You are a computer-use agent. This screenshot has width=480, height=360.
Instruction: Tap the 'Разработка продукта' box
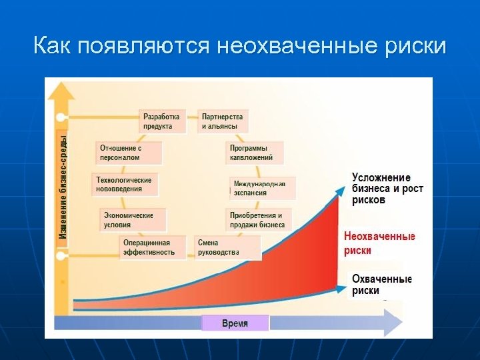tap(162, 121)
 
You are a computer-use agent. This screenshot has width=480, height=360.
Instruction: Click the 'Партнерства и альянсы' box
tap(223, 121)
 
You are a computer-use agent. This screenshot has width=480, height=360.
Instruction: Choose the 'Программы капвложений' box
tap(254, 153)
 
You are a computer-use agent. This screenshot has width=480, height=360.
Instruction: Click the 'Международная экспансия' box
tap(263, 188)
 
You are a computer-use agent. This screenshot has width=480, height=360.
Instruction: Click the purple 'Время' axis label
tap(235, 323)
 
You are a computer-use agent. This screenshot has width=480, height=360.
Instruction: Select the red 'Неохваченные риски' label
tap(379, 243)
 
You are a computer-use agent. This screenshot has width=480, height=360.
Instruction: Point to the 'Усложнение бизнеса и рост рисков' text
tap(387, 189)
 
